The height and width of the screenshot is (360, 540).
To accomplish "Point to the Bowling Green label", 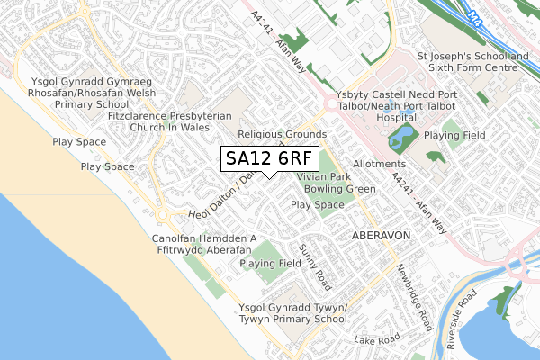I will [x=339, y=190].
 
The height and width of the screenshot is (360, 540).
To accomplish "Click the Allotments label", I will [x=380, y=165].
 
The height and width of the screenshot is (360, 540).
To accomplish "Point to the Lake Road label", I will [x=376, y=340].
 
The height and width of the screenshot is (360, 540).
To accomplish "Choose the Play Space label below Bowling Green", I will [x=318, y=205].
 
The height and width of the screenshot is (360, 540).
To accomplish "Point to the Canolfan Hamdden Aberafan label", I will [x=205, y=244].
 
